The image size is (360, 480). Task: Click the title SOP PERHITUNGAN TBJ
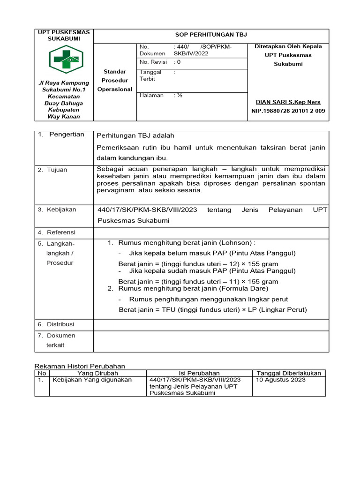(211, 35)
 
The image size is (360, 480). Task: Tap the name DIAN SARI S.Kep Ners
(288, 102)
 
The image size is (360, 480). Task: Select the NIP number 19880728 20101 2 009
(288, 111)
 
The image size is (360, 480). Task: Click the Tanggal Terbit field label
(150, 75)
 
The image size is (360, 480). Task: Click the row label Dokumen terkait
(60, 340)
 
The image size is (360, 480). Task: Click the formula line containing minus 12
(198, 264)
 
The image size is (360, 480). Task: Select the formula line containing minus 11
(198, 282)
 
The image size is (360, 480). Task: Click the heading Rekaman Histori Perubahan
(81, 366)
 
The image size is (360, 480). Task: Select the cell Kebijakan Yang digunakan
(92, 380)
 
